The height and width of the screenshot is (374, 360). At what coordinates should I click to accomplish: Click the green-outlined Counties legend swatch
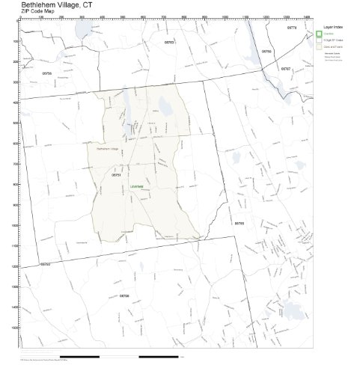[319, 34]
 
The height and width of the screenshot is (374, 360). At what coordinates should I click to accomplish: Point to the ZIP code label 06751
[115, 174]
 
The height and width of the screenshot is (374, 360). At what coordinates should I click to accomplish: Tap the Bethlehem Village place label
[108, 149]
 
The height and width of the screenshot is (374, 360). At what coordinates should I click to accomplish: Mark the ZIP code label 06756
[47, 73]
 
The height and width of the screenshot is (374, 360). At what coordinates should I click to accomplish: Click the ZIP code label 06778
[292, 27]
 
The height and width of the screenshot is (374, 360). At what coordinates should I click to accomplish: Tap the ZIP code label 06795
[239, 223]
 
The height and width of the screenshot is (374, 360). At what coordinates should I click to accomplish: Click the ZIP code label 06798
[124, 296]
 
